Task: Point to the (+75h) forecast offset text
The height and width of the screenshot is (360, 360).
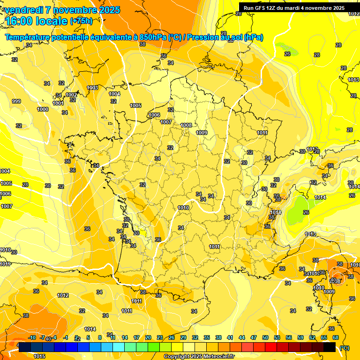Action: pyautogui.click(x=81, y=21)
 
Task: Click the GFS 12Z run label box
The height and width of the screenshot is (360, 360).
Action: pyautogui.click(x=294, y=8)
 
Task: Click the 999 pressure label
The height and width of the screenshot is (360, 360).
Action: pyautogui.click(x=16, y=102)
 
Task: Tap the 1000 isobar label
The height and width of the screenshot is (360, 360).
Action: pyautogui.click(x=43, y=109)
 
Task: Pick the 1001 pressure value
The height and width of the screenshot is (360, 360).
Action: pyautogui.click(x=58, y=103)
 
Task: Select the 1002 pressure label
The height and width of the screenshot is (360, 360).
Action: pyautogui.click(x=71, y=95)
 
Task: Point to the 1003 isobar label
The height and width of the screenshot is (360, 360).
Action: pyautogui.click(x=93, y=88)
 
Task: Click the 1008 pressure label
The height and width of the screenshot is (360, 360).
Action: pyautogui.click(x=186, y=125)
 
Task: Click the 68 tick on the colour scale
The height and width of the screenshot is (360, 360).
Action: pyautogui.click(x=335, y=337)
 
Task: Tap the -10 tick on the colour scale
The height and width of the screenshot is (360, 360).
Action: pyautogui.click(x=32, y=337)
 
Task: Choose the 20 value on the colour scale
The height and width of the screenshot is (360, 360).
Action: pyautogui.click(x=148, y=337)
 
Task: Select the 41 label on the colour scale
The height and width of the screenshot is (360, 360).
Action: pyautogui.click(x=230, y=337)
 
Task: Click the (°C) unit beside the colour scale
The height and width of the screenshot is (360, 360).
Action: pyautogui.click(x=344, y=348)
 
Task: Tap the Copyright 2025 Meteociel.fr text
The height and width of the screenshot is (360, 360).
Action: pyautogui.click(x=199, y=356)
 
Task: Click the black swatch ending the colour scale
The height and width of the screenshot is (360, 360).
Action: pyautogui.click(x=330, y=347)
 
